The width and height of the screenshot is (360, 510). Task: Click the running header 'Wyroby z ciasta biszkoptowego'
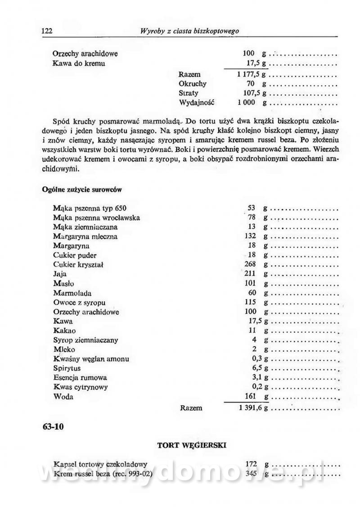point(189,31)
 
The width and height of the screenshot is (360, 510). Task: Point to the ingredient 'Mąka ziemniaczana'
point(85,227)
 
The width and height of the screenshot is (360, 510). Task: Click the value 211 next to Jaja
point(251,274)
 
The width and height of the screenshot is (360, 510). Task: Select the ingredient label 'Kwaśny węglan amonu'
point(91,359)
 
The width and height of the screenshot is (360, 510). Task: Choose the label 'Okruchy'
point(193,84)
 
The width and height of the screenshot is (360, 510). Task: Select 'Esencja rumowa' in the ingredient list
point(80,378)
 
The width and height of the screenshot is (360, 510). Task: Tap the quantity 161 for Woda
point(252,397)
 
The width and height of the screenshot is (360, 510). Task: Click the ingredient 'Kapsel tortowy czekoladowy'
point(100,463)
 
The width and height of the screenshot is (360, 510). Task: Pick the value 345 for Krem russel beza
point(251,473)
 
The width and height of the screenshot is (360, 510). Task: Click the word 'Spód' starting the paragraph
point(60,121)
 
